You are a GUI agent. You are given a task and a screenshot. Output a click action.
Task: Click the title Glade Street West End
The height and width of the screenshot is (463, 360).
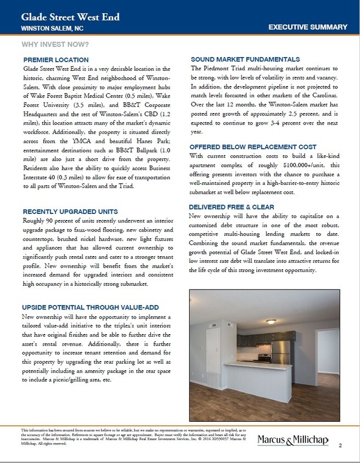[70, 17]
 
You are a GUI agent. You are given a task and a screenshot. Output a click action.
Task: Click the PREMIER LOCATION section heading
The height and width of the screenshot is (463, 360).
[56, 59]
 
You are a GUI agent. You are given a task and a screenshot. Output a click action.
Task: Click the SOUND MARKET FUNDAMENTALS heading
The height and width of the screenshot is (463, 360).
[245, 59]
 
